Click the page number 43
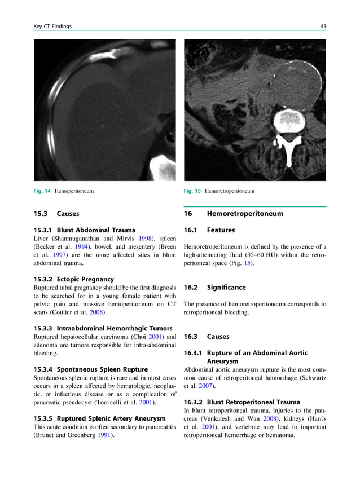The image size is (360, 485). (x=323, y=27)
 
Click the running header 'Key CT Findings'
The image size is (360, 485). (x=52, y=27)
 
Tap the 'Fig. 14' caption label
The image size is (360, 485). (x=42, y=191)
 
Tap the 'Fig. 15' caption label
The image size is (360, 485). (x=192, y=191)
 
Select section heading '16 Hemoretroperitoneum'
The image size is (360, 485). (x=234, y=214)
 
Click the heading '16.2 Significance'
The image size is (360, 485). (x=215, y=287)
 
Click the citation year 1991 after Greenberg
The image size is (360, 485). (x=103, y=435)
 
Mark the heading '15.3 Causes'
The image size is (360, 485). (x=56, y=214)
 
